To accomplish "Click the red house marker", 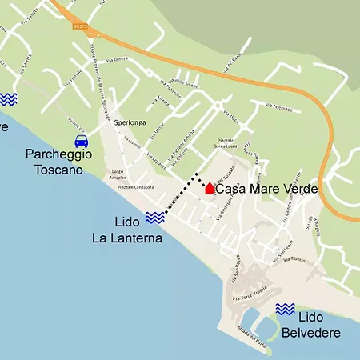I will [210, 188].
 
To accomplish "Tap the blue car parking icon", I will [81, 140].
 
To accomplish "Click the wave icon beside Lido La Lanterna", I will [155, 217].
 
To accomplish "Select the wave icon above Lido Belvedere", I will [285, 309].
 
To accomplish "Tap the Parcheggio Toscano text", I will [58, 162].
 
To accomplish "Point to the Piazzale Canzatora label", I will [136, 186].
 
